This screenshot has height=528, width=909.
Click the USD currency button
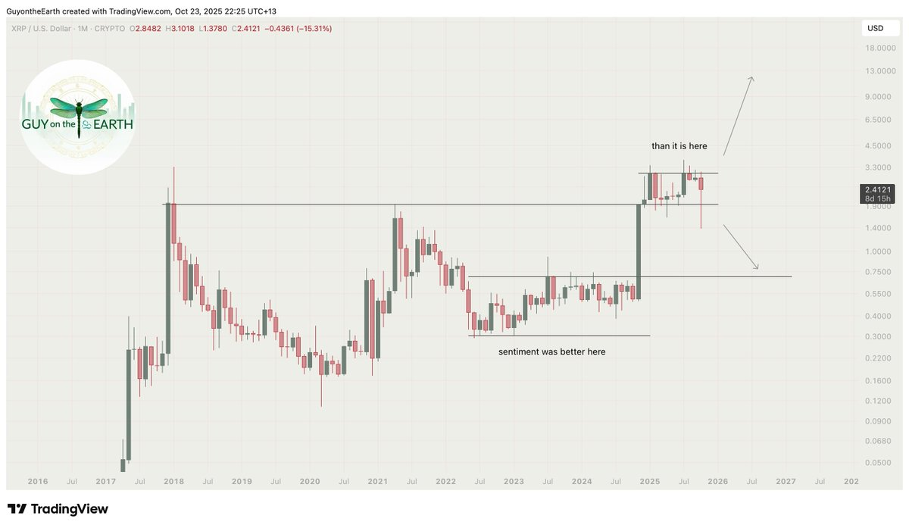tap(876, 29)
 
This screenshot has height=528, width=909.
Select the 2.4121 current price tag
tap(877, 189)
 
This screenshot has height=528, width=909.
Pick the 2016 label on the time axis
tap(37, 481)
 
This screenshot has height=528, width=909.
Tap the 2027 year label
tap(786, 481)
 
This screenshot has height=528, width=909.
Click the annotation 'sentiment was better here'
tap(551, 351)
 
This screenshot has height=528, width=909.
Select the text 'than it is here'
tap(679, 145)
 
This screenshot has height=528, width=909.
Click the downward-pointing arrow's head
tap(756, 267)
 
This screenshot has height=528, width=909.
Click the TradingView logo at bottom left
tap(58, 509)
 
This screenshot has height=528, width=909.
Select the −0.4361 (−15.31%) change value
tap(298, 29)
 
